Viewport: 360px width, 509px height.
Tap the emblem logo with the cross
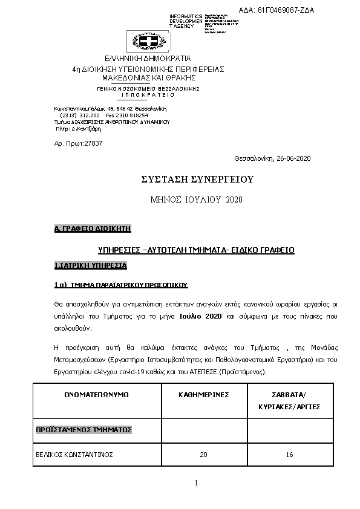[x=148, y=41]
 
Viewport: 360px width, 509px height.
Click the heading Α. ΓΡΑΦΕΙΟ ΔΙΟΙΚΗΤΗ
[x=93, y=229]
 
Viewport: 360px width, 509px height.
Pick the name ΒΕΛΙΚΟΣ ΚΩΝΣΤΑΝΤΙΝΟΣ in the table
[x=74, y=454]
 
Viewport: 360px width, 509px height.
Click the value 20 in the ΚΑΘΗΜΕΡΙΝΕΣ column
[x=203, y=454]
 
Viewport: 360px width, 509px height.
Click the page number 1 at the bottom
[x=197, y=482]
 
